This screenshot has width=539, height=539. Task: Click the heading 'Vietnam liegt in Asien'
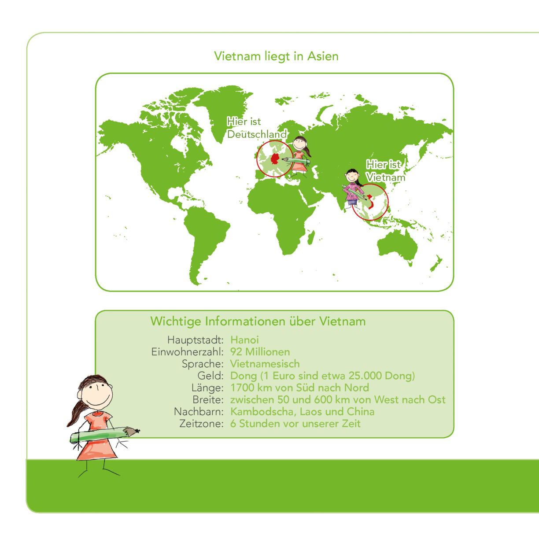click(x=276, y=56)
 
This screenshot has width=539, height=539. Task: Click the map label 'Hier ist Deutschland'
click(x=257, y=128)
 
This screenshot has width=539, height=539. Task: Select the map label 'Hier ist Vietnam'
click(x=385, y=171)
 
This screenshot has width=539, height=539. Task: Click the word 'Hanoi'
click(x=244, y=340)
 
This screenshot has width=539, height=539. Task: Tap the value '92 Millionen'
click(x=260, y=352)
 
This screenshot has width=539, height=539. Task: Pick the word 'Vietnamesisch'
click(x=265, y=364)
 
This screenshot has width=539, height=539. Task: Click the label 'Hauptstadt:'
click(x=196, y=340)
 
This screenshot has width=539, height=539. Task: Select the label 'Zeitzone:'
click(x=201, y=424)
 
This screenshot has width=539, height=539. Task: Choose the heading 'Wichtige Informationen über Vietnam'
click(x=258, y=321)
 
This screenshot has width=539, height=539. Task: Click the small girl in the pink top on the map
click(x=353, y=189)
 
